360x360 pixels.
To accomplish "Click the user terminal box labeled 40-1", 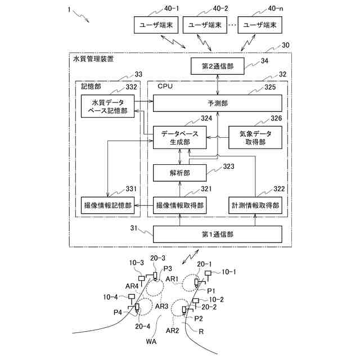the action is point(156,25).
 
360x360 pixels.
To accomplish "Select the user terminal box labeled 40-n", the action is point(260,25).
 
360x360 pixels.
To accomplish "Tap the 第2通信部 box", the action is point(218,66).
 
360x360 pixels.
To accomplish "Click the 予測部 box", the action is point(218,103).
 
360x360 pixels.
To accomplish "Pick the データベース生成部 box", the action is point(180,137).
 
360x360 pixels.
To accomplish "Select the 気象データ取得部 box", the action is point(255,137).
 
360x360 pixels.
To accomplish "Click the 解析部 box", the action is point(180,173).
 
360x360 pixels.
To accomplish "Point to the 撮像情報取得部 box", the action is point(180,205).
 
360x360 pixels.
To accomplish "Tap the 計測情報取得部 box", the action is point(255,205).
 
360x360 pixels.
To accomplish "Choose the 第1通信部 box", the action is point(218,234).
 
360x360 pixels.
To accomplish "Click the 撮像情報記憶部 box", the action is point(107,205).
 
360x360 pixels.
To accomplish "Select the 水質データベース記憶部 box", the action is point(107,106).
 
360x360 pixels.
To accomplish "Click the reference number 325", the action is point(270,87).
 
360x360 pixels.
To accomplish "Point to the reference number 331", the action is point(131,189).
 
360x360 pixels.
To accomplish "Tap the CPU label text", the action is point(165,86).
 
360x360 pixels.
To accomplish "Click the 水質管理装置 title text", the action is point(93,59).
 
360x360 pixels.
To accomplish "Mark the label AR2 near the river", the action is point(172,330).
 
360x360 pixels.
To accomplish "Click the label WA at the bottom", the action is point(151,341).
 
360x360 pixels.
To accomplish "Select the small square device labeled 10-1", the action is point(208,273).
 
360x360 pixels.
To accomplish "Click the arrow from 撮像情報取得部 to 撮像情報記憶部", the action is point(144,205).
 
